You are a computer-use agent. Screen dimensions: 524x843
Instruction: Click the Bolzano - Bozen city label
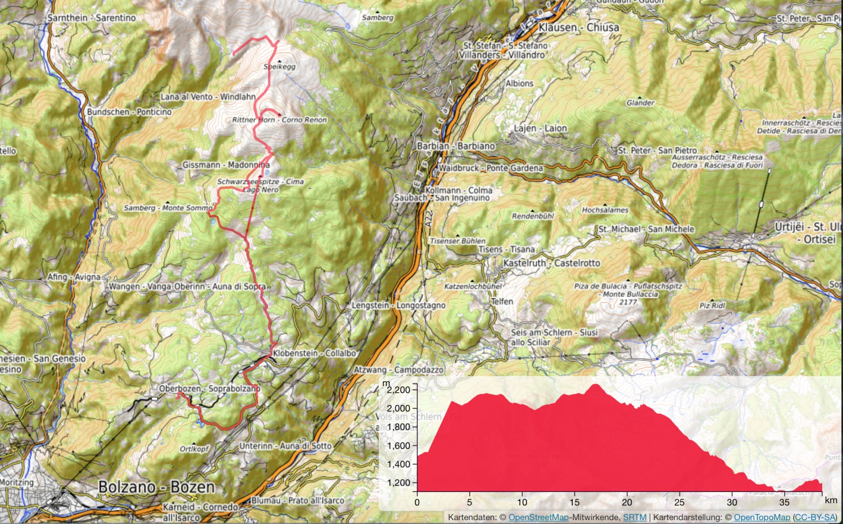(x=157, y=487)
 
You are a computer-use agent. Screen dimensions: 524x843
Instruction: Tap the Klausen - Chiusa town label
(x=579, y=27)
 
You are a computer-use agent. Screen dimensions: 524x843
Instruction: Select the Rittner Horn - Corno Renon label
(x=280, y=120)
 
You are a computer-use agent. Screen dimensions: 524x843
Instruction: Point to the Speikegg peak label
(x=279, y=66)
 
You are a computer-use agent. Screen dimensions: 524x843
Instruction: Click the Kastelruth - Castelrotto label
(x=551, y=263)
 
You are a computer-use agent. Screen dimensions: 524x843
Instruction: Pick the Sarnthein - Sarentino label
(x=92, y=18)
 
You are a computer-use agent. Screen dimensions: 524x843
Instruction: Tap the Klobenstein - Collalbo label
(x=315, y=353)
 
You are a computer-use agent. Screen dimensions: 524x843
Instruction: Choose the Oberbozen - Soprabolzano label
(x=210, y=389)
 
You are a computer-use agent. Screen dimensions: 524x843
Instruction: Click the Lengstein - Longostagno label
(x=398, y=305)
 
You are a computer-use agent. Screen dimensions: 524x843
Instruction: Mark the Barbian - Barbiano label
(x=456, y=146)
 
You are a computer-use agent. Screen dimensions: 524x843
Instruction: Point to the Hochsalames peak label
(x=605, y=210)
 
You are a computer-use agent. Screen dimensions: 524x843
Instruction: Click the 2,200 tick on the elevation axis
(x=399, y=389)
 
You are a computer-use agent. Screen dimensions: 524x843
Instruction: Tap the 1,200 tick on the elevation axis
(x=399, y=482)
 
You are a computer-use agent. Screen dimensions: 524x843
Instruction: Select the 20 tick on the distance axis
(x=627, y=502)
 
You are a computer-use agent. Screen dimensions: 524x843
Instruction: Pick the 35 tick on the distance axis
(x=785, y=502)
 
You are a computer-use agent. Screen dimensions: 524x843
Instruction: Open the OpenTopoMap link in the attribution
(x=762, y=517)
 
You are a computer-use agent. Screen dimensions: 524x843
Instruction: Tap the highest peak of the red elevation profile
(x=595, y=385)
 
